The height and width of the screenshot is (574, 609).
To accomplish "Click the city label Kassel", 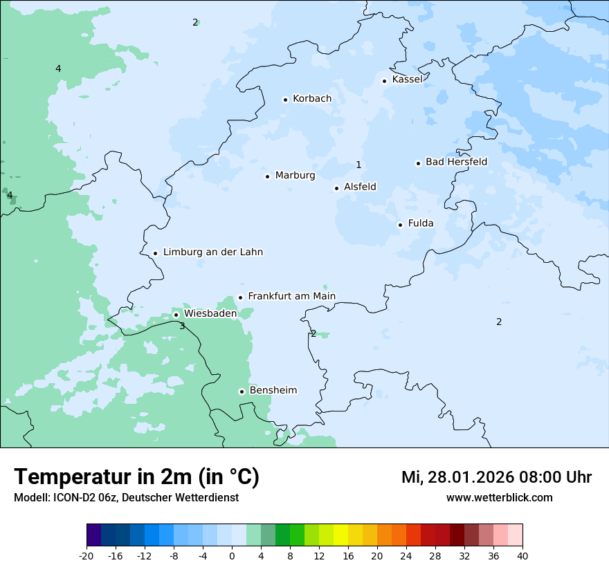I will tap(407, 80).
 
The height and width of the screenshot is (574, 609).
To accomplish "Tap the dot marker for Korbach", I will tap(285, 100).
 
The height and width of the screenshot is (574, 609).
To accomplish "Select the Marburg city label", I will tap(295, 176).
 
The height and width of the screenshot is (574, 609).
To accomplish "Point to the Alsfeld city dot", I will tap(336, 188).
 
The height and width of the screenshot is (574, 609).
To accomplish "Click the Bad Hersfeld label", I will tap(456, 162).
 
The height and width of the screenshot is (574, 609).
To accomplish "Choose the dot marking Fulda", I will tap(400, 225).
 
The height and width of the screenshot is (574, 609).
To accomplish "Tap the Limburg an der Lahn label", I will tap(212, 252).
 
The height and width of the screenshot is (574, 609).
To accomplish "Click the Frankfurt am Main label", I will tap(291, 296).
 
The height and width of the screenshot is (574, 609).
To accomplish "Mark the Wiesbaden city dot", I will tap(176, 315).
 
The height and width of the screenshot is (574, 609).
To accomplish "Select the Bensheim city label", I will tap(273, 390).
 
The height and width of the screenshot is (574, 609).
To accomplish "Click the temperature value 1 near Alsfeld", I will tap(358, 165).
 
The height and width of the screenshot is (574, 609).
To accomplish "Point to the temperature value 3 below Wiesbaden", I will tap(182, 326).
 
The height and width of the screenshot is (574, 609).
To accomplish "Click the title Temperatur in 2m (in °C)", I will tap(136, 477).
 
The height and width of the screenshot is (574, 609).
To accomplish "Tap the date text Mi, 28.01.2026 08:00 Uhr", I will tap(496, 477).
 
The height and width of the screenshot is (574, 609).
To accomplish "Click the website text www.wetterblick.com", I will tap(499, 498).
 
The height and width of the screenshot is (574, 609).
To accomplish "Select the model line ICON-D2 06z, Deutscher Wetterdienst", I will tap(126, 498).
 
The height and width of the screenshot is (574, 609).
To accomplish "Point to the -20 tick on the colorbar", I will tap(87, 555).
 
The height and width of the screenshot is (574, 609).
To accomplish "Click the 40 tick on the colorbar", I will tap(522, 555).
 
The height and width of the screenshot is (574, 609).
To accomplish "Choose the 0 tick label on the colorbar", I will tap(232, 555).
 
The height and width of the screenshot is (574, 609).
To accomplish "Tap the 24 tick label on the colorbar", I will tap(406, 555).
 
